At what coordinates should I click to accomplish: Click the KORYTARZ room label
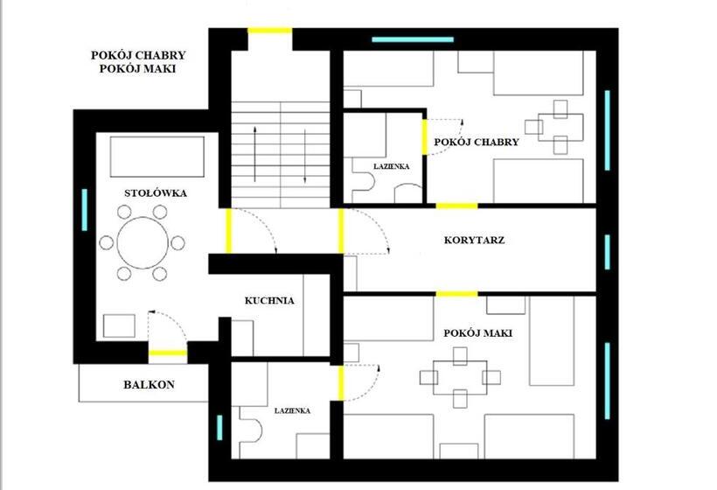(474, 241)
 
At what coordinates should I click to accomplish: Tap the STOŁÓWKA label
(156, 193)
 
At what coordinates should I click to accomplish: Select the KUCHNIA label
(269, 301)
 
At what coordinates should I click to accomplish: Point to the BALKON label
(149, 385)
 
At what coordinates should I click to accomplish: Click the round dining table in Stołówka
(143, 243)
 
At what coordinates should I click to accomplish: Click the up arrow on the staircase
(254, 153)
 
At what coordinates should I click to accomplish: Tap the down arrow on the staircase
(305, 157)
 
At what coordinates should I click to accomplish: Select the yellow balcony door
(168, 353)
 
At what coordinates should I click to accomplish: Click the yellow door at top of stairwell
(270, 31)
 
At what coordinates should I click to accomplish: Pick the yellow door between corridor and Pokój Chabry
(456, 206)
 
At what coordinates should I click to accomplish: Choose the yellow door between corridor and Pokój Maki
(456, 294)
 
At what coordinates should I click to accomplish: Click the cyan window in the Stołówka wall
(85, 209)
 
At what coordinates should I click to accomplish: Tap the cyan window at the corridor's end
(607, 252)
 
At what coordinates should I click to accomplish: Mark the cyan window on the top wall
(413, 39)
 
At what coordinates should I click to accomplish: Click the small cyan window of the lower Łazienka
(219, 428)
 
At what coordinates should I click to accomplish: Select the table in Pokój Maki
(460, 377)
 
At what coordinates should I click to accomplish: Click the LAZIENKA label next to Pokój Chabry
(392, 166)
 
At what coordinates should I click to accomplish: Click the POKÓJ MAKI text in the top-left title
(137, 69)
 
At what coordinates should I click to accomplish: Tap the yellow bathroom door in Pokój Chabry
(424, 136)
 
